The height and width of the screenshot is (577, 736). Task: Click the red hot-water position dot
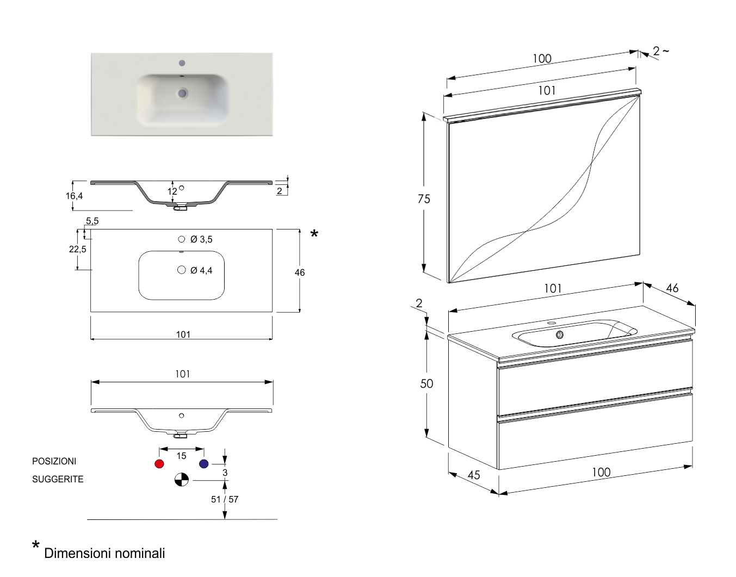point(159,464)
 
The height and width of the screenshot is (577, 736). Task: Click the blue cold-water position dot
point(204,464)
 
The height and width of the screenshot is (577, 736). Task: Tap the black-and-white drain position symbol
point(182,480)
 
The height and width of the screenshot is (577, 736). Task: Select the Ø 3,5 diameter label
point(201,239)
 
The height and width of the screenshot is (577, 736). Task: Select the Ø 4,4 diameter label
point(201,270)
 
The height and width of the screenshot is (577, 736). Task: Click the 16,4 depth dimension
point(75,196)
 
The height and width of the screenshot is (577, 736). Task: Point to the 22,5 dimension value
point(77,249)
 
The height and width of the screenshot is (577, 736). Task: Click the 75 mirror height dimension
point(424,199)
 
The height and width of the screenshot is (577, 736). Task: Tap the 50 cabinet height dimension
point(426,383)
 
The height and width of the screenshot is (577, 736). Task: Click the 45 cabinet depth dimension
point(474,475)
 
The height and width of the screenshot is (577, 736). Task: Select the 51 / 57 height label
point(225,499)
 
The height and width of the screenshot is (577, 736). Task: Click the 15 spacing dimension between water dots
point(181,456)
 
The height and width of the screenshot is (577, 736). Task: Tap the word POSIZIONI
point(54,461)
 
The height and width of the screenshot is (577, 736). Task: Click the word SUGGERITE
point(58,479)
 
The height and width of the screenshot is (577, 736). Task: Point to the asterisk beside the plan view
point(314,235)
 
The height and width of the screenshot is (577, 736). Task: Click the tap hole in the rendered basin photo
point(182,63)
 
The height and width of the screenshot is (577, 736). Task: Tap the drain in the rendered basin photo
point(182,94)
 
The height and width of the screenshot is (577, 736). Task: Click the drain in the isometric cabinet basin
point(560,335)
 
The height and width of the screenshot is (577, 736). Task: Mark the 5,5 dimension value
point(92,221)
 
